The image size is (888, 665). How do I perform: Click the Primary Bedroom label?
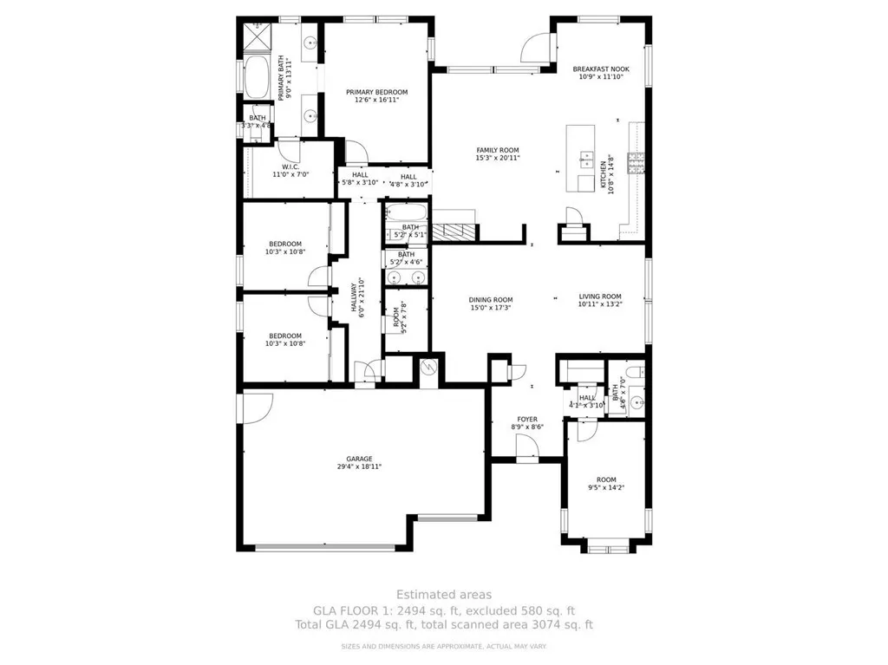coord(376,92)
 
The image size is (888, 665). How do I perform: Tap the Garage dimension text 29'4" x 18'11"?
coord(359,466)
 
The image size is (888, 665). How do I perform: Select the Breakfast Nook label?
coord(601,69)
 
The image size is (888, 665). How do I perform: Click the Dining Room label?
coord(491,300)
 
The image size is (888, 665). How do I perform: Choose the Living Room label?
coord(600,297)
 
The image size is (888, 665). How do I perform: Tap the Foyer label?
coord(527,419)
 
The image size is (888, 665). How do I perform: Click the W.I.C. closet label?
coord(291,167)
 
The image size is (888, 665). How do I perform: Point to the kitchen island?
coord(582,159)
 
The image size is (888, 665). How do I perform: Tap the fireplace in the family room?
coord(455,231)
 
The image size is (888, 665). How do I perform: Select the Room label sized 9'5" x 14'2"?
coord(605,479)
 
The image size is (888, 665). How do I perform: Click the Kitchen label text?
coord(604,174)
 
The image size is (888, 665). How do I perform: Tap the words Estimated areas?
coord(444,595)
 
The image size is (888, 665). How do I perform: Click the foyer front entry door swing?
coord(526,446)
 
